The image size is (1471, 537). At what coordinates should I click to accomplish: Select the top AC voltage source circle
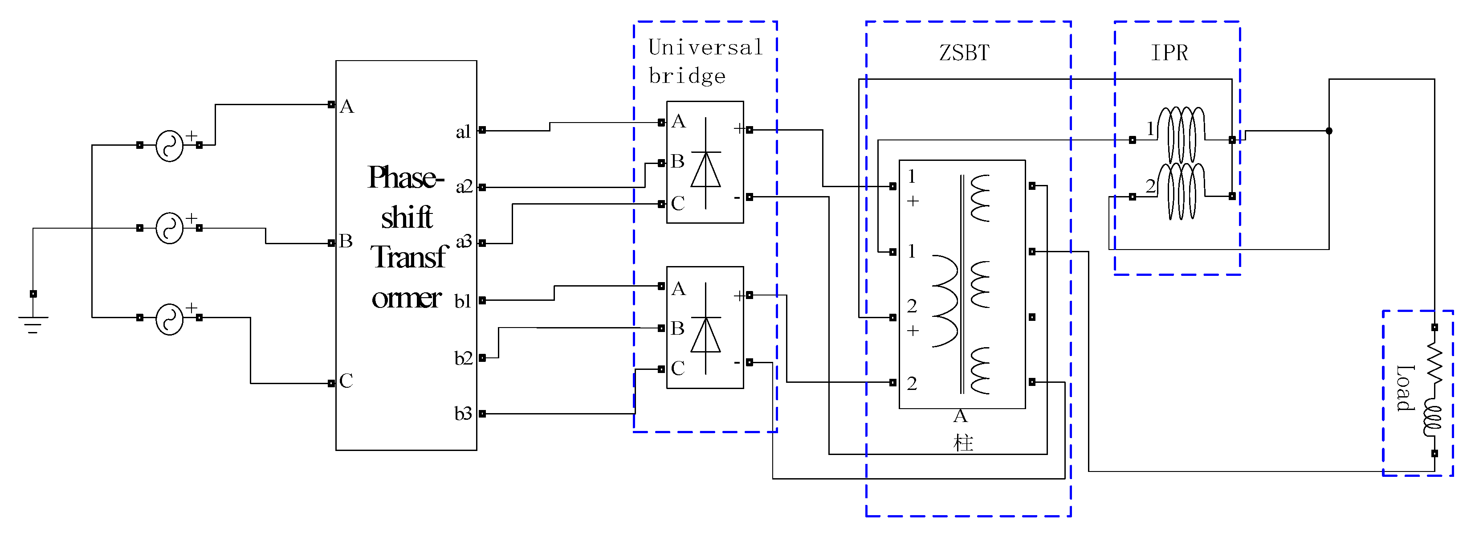pyautogui.click(x=170, y=146)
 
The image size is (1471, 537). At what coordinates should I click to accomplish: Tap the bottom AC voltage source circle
pyautogui.click(x=170, y=319)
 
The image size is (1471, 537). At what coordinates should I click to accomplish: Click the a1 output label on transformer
pyautogui.click(x=463, y=132)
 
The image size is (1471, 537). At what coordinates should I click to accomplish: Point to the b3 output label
pyautogui.click(x=463, y=413)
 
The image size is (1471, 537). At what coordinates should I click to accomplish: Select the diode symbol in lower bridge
pyautogui.click(x=706, y=334)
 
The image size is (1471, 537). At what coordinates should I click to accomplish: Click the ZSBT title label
pyautogui.click(x=964, y=53)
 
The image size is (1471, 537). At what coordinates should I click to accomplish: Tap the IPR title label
pyautogui.click(x=1169, y=53)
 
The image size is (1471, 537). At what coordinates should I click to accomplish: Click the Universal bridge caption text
pyautogui.click(x=705, y=61)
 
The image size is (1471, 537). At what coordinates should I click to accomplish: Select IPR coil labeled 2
pyautogui.click(x=1182, y=191)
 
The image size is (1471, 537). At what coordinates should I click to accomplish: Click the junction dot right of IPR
pyautogui.click(x=1329, y=131)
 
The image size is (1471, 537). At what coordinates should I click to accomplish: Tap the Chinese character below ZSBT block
pyautogui.click(x=963, y=443)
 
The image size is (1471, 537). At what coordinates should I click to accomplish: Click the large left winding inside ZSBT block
pyautogui.click(x=945, y=301)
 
